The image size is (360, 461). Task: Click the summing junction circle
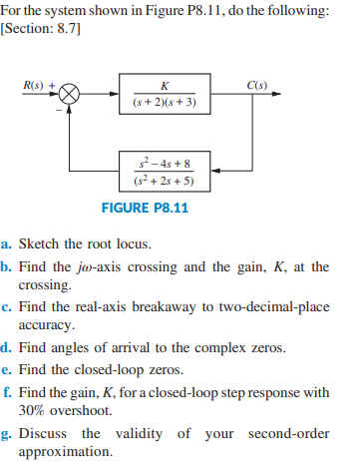point(70,94)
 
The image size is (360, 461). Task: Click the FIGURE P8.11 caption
point(145,209)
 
